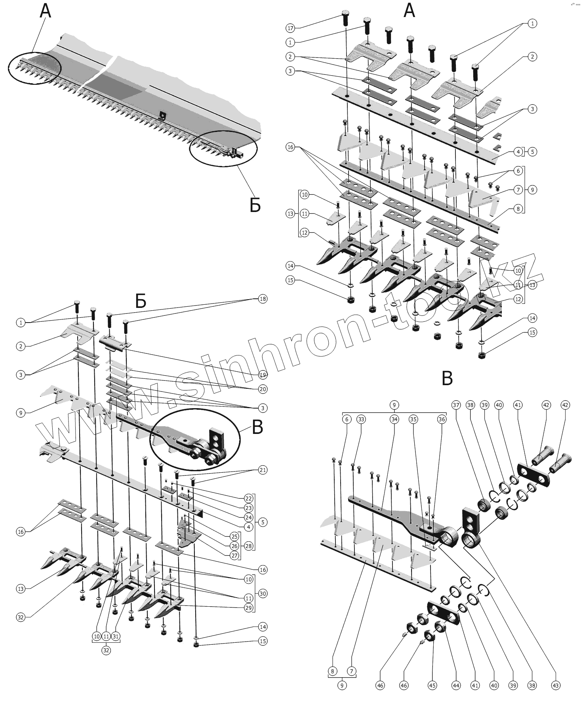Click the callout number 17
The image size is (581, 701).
click(x=290, y=28)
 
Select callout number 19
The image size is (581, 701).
click(x=263, y=375)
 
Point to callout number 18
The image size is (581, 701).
click(x=263, y=299)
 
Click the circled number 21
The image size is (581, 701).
click(x=263, y=470)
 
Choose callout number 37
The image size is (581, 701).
click(x=456, y=405)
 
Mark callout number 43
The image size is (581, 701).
click(x=556, y=686)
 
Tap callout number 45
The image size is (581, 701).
click(x=432, y=686)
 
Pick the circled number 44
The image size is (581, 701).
click(x=456, y=686)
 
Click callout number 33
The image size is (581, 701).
click(x=361, y=419)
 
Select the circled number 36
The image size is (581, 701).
click(x=442, y=419)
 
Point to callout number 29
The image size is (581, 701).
click(x=248, y=608)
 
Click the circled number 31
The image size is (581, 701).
click(x=116, y=636)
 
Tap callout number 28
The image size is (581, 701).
click(x=248, y=546)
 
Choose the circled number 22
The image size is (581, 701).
click(x=248, y=499)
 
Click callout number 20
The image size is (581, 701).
click(x=263, y=389)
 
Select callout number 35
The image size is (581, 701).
click(x=413, y=419)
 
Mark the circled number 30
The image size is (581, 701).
click(x=263, y=594)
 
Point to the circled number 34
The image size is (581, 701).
click(x=394, y=419)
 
